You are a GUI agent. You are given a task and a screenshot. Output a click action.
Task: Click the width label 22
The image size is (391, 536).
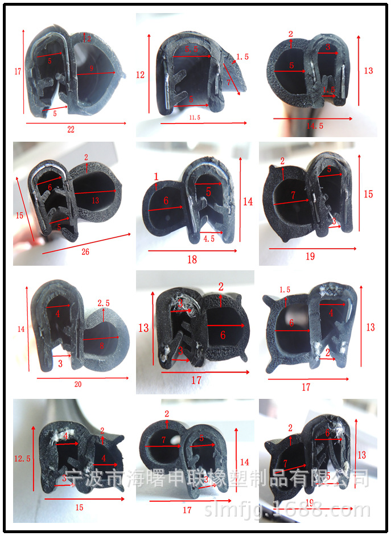click(71, 130)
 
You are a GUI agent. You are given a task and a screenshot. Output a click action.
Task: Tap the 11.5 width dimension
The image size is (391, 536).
click(194, 117)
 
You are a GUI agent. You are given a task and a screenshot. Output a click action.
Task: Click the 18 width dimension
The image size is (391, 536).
click(192, 259)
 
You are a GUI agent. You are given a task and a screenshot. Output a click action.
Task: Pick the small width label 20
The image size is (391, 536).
click(78, 384)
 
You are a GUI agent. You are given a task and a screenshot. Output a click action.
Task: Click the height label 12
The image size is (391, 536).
click(141, 75)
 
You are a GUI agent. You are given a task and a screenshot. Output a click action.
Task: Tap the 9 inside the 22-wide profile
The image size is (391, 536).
click(92, 68)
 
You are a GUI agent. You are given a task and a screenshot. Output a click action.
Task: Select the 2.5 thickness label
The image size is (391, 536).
click(104, 303)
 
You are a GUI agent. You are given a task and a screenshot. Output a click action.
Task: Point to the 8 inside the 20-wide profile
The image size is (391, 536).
click(102, 345)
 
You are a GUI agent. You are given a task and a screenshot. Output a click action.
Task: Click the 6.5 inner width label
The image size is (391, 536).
click(191, 50)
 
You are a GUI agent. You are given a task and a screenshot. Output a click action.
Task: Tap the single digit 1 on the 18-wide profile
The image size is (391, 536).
click(156, 177)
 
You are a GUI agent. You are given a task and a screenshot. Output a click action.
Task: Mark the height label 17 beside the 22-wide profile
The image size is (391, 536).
click(17, 72)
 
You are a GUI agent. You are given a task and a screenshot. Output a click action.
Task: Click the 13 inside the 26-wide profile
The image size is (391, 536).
click(95, 200)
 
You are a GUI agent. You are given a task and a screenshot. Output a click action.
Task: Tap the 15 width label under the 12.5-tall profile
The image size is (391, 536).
click(79, 508)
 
